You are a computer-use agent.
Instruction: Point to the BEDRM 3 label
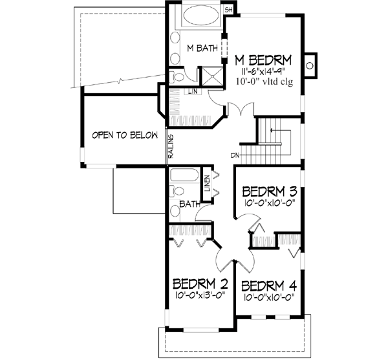[270, 192]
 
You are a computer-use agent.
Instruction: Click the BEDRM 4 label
[270, 285]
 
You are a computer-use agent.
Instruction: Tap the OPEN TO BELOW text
[125, 135]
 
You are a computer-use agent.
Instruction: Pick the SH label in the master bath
[229, 10]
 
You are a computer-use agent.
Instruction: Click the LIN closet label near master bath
[193, 91]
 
